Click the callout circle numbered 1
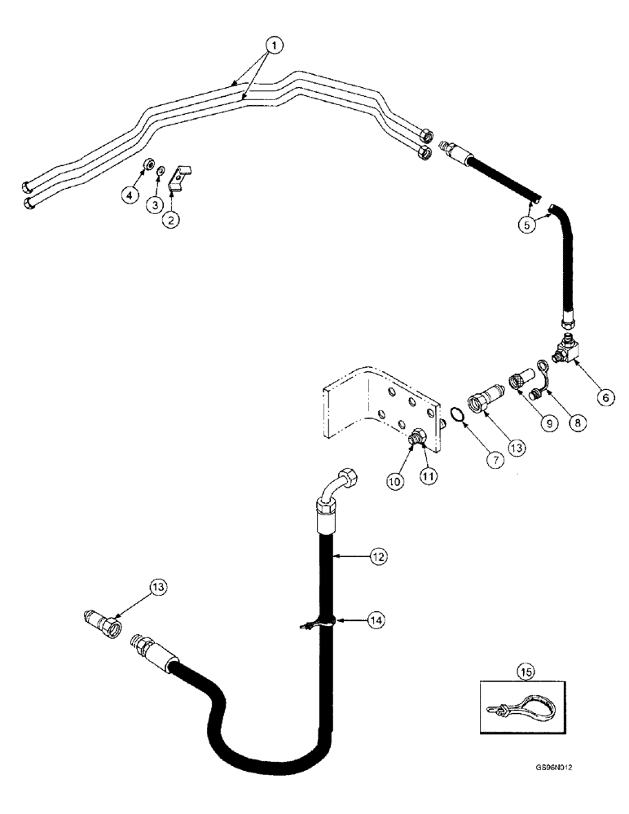(275, 46)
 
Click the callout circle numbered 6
(604, 397)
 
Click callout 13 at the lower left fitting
(161, 588)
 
